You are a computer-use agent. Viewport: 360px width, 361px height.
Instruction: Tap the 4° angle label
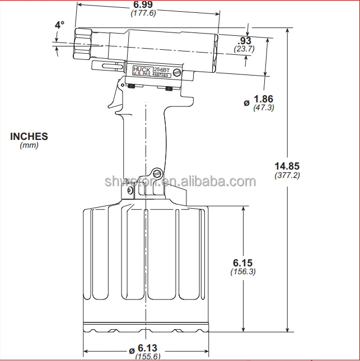click(x=59, y=25)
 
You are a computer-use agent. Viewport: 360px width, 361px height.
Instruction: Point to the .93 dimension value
click(x=245, y=40)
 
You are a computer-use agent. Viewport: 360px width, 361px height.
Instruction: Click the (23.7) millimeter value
click(x=245, y=49)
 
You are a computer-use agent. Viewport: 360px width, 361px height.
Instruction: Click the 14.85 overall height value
click(x=287, y=166)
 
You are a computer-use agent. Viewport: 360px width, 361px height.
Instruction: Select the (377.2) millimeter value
click(x=287, y=175)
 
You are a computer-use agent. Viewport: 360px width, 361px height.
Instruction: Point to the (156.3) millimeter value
click(x=243, y=271)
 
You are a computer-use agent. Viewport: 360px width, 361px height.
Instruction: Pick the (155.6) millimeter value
click(x=147, y=357)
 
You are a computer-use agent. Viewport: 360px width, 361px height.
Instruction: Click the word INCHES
click(x=29, y=136)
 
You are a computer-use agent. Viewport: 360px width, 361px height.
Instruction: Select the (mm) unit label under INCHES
click(x=29, y=145)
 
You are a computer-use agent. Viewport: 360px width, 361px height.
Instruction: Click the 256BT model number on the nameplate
click(x=161, y=67)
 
